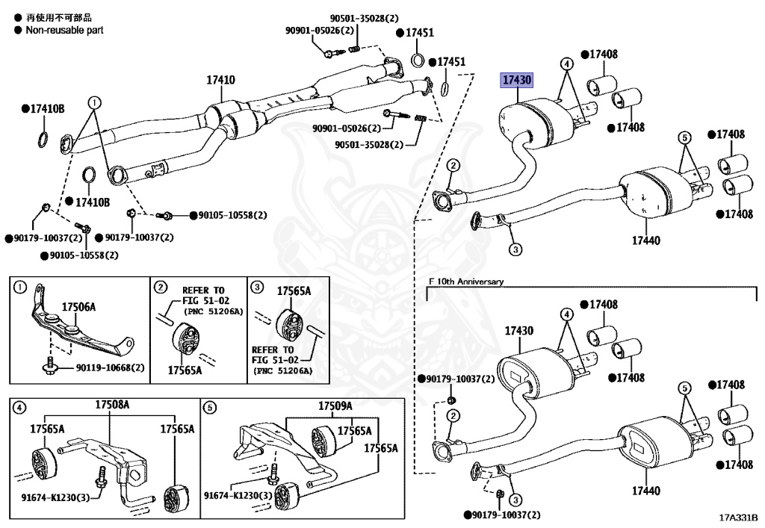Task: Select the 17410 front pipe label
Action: click(x=221, y=80)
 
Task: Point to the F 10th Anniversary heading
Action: click(x=466, y=282)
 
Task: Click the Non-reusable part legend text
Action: click(x=64, y=30)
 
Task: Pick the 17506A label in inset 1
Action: click(x=79, y=307)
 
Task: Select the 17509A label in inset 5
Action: click(x=335, y=406)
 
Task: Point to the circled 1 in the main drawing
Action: click(x=94, y=102)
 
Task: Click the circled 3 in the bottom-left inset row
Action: click(x=256, y=287)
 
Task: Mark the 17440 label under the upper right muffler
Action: click(x=646, y=240)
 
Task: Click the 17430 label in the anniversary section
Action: click(x=518, y=331)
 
